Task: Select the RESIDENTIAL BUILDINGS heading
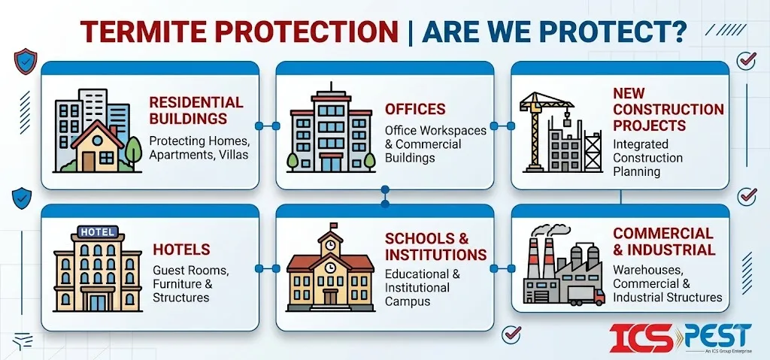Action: [196, 110]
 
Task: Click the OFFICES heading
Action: [415, 109]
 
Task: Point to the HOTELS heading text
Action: [181, 250]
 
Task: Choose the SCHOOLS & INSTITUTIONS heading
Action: [435, 247]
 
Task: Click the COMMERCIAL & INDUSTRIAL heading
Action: [664, 241]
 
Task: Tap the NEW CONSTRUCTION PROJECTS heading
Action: [668, 110]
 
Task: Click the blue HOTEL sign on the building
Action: [98, 231]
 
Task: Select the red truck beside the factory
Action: [586, 295]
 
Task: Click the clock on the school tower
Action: [331, 244]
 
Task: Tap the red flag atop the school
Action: [334, 225]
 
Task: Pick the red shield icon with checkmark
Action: [25, 61]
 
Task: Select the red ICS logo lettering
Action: [641, 337]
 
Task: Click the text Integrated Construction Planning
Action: [647, 158]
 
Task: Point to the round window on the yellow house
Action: [98, 141]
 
